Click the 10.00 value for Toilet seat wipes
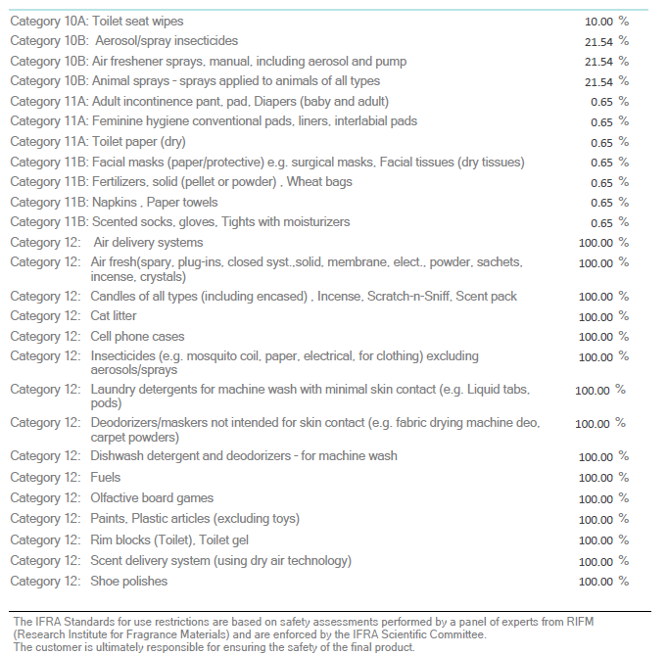pos(598,22)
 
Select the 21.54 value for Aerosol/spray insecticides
pos(598,42)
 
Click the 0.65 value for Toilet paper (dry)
pos(601,143)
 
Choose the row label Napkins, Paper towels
pos(155,203)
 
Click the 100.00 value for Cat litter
pos(596,317)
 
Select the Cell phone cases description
pos(137,337)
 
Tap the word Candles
pos(111,296)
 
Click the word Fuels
pos(105,477)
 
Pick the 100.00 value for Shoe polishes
pos(596,582)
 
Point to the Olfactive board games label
pos(152,498)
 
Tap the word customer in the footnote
pos(52,647)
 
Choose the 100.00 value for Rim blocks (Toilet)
pos(596,540)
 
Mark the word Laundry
pos(113,390)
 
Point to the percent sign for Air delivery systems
pos(624,243)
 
